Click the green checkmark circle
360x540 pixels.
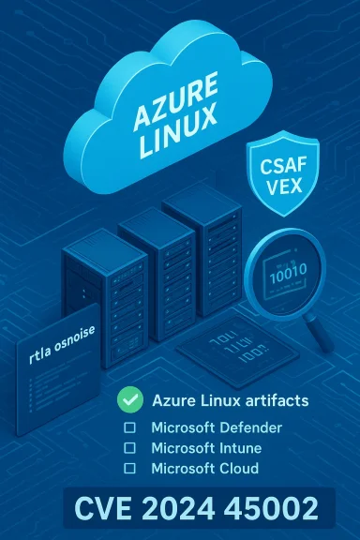pos(128,400)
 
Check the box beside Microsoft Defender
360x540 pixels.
pos(130,427)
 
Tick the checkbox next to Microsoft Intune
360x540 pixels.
pos(130,448)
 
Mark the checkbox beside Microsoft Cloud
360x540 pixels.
pos(130,468)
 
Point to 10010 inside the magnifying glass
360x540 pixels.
pos(285,279)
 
